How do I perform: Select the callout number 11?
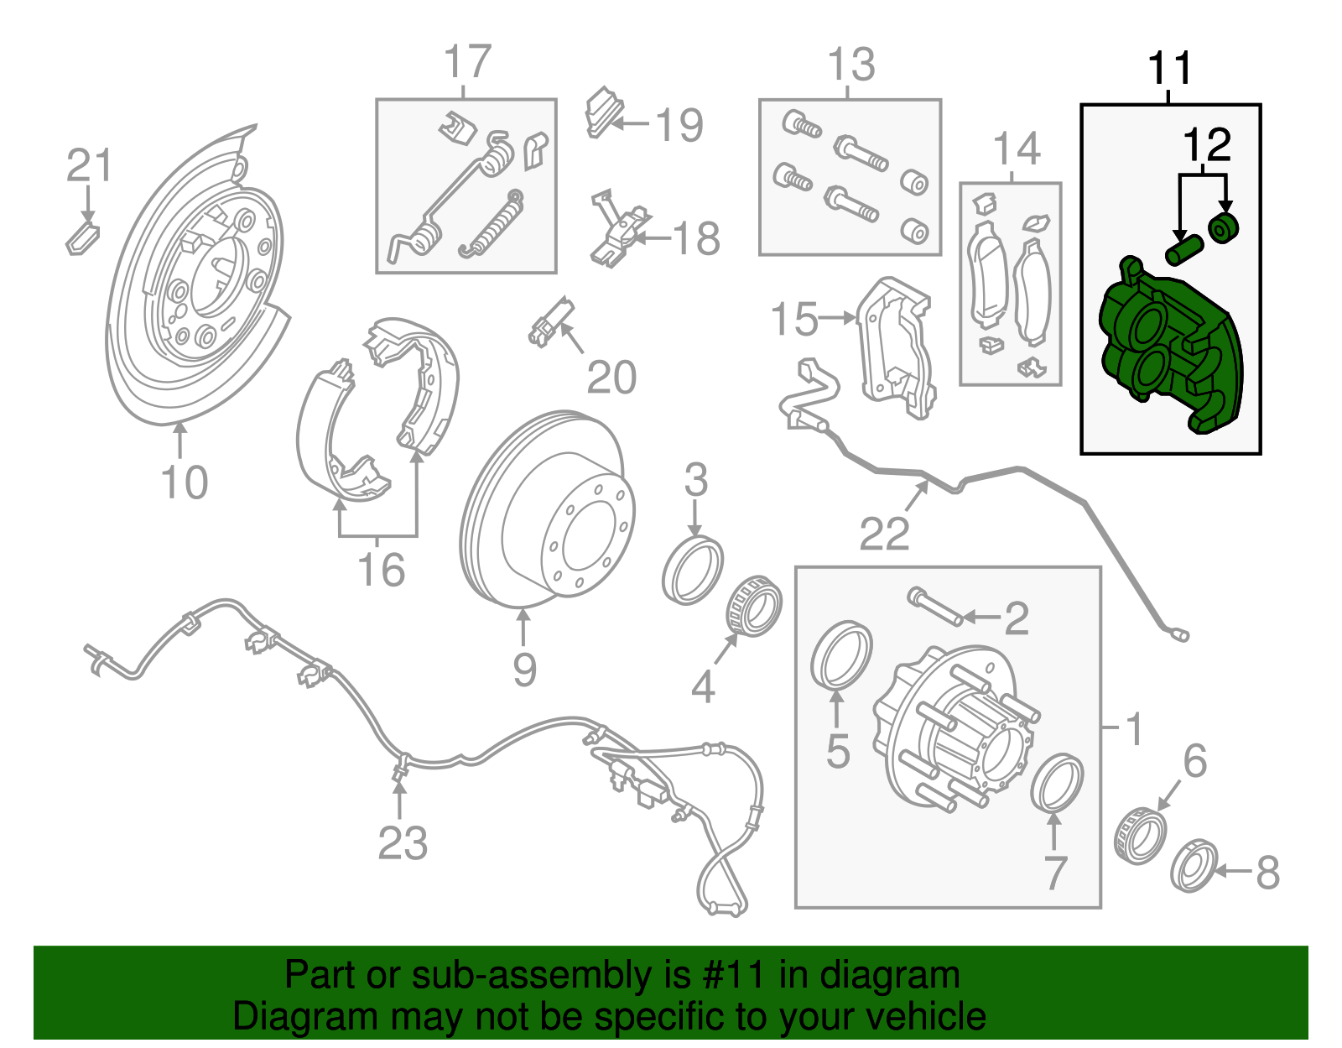coord(1169,68)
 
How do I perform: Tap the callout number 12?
coord(1207,145)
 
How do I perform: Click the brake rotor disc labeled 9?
coord(545,508)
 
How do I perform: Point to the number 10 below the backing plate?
coord(184,482)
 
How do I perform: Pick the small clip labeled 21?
coord(82,237)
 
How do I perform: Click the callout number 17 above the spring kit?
coord(466,62)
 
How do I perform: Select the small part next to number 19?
coord(601,112)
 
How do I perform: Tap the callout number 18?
coord(696,239)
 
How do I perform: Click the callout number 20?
coord(611,378)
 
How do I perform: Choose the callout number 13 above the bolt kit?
coord(850,65)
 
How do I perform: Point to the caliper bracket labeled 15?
coord(894,348)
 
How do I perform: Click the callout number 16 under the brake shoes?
coord(381,571)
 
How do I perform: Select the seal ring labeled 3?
coord(692,572)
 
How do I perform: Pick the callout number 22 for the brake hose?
coord(884,534)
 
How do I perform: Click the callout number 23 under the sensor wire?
coord(403,843)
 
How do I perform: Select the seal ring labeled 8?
coord(1193,865)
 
